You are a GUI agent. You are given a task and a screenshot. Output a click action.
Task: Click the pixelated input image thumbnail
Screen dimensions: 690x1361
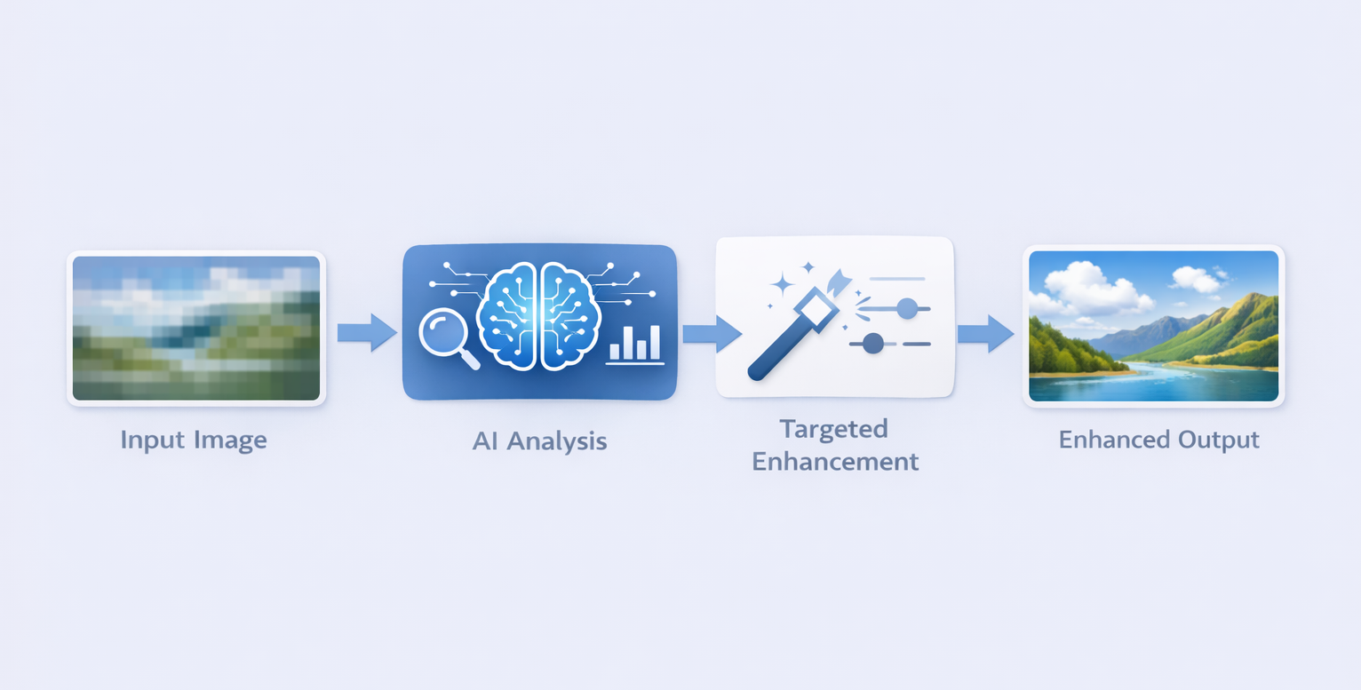196,329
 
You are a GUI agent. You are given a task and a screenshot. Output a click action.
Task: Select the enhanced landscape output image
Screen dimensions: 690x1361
1153,326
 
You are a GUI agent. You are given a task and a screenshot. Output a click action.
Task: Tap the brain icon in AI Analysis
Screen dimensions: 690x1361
539,315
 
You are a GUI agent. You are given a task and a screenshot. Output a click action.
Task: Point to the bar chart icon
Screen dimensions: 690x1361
635,344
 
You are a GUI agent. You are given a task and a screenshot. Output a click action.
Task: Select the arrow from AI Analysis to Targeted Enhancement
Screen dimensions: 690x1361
711,333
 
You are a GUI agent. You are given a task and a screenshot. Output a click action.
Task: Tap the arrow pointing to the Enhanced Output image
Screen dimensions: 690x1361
985,333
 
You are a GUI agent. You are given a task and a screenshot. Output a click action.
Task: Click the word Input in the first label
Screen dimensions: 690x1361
151,440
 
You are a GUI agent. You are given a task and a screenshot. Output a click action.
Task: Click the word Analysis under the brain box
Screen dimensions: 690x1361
557,440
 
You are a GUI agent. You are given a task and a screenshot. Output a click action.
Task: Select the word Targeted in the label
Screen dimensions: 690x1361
833,429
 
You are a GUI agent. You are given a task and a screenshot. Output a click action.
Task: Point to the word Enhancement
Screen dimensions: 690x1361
835,462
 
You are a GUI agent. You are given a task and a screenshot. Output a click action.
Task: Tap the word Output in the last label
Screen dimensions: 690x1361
1219,440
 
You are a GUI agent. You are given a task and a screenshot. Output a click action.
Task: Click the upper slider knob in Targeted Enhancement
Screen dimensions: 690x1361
907,308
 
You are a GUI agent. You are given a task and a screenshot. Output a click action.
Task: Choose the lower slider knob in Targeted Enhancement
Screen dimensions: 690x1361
873,343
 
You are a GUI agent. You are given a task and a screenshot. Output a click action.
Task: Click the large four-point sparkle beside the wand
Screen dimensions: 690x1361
782,284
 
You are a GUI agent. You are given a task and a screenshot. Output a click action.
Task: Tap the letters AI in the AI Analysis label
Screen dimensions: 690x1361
485,440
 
